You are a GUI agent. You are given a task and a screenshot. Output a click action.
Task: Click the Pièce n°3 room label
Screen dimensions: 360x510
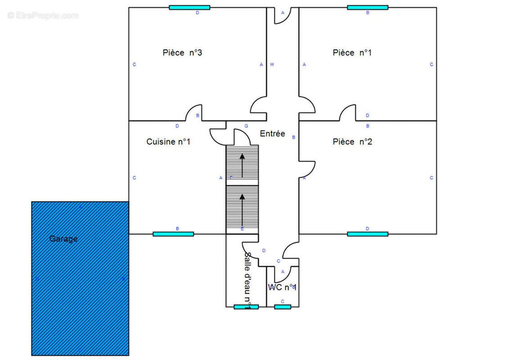(182, 53)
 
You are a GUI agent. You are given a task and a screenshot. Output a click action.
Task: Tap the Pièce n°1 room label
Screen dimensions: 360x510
(352, 53)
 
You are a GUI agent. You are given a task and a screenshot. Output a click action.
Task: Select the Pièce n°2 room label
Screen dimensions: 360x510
(352, 142)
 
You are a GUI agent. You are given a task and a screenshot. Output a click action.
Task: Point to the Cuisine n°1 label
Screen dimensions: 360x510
(168, 142)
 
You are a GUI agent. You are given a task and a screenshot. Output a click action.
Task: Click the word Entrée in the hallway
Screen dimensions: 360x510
(272, 134)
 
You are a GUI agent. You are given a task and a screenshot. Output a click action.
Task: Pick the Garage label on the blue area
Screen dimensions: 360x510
(63, 239)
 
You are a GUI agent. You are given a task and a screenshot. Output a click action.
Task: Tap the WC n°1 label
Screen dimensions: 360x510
(282, 287)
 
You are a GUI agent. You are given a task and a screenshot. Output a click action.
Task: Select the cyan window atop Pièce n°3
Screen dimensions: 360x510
(190, 7)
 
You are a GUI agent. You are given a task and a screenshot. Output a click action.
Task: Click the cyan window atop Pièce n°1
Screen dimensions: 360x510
(367, 7)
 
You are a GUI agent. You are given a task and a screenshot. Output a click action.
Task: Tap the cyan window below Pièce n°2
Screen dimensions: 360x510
(367, 234)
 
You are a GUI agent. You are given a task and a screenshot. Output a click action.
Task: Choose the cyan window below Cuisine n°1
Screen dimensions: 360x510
(173, 234)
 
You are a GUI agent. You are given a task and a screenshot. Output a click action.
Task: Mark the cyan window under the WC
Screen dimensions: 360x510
(283, 307)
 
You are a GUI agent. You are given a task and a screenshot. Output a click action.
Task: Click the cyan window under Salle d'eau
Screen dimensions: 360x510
(246, 307)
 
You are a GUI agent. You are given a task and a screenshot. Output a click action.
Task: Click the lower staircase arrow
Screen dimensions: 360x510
(242, 209)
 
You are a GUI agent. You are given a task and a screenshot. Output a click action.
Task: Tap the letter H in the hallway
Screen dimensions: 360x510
(272, 65)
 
